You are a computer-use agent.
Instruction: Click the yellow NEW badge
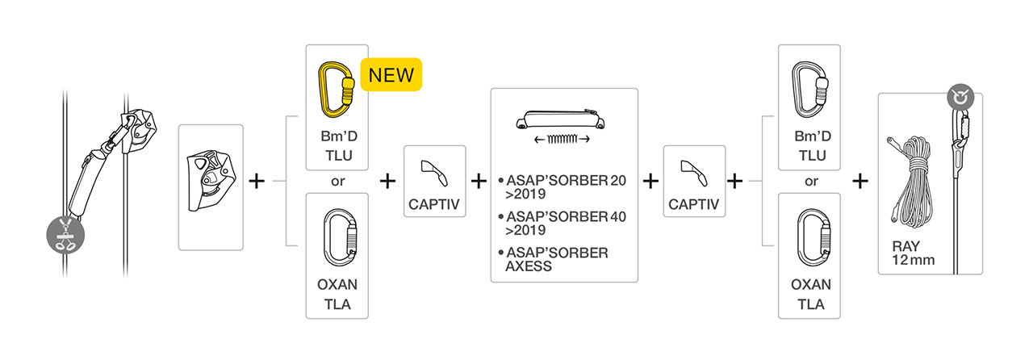point(391,74)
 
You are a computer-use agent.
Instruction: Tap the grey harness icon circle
point(65,234)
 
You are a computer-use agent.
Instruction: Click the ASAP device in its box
point(211,181)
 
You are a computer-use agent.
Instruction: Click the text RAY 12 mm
point(913,253)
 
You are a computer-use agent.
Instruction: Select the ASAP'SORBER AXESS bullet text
point(554,259)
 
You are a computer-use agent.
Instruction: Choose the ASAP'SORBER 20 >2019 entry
point(563,187)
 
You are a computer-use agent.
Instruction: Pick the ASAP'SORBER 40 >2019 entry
point(563,224)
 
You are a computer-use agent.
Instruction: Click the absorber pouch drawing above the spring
point(560,119)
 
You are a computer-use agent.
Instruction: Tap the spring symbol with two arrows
point(562,139)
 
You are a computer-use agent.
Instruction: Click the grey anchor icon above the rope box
point(960,98)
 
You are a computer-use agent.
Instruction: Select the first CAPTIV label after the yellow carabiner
point(434,204)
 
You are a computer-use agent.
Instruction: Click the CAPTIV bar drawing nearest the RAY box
point(695,173)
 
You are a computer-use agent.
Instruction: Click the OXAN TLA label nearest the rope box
point(811,294)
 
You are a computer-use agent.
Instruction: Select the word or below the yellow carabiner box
point(337,182)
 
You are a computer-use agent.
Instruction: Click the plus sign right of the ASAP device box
point(257,181)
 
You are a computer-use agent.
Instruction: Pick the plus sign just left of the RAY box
point(860,181)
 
